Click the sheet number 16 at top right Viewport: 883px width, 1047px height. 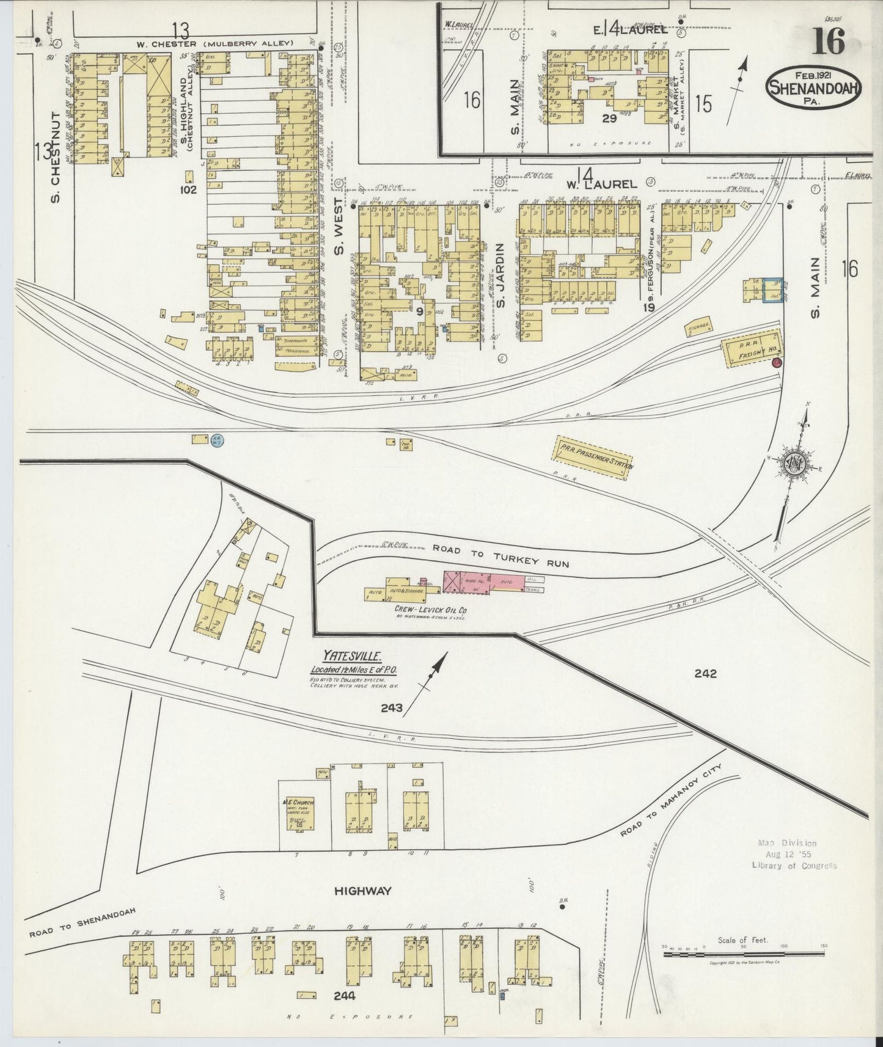click(x=828, y=42)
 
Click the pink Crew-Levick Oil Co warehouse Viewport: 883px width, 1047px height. click(x=483, y=583)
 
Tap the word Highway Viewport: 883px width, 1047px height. click(x=362, y=891)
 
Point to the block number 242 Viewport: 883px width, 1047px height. click(x=705, y=674)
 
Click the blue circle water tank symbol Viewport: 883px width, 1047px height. click(x=216, y=440)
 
